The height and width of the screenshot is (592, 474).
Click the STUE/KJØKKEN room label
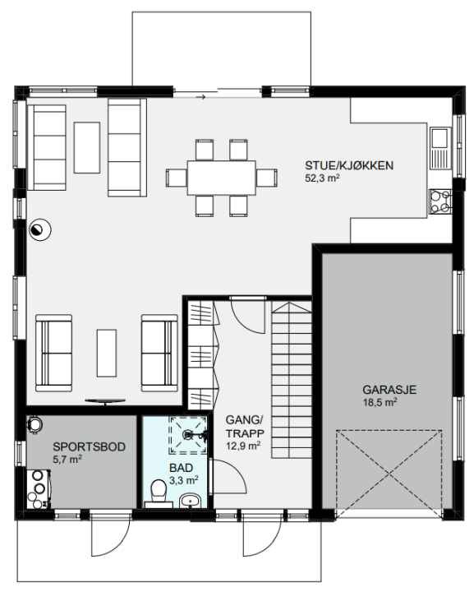(349, 165)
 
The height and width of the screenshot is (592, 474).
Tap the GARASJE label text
(389, 389)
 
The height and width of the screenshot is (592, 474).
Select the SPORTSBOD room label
(89, 446)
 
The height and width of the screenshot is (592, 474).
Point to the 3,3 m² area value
(184, 480)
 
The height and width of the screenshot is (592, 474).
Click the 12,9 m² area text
(243, 446)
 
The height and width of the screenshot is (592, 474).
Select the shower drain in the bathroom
(188, 435)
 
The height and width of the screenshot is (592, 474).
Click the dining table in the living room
(222, 178)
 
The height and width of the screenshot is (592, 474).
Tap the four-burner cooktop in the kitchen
(441, 201)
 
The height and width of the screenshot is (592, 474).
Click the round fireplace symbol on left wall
(40, 229)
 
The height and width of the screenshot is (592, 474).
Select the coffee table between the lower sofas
(106, 353)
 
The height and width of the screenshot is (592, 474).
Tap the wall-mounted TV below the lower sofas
(105, 401)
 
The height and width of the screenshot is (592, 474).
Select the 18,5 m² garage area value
(380, 402)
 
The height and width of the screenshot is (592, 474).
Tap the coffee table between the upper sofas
(87, 148)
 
